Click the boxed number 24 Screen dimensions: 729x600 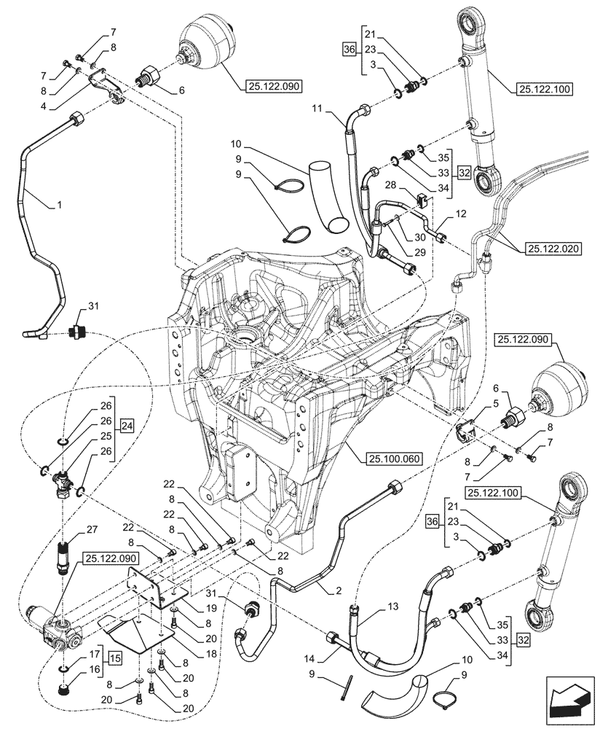pos(127,425)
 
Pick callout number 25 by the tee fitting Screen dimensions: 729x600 pos(106,436)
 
